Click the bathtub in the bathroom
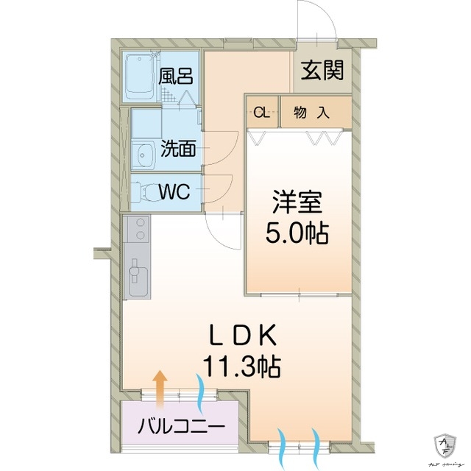click(x=139, y=77)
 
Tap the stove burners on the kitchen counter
click(x=136, y=231)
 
